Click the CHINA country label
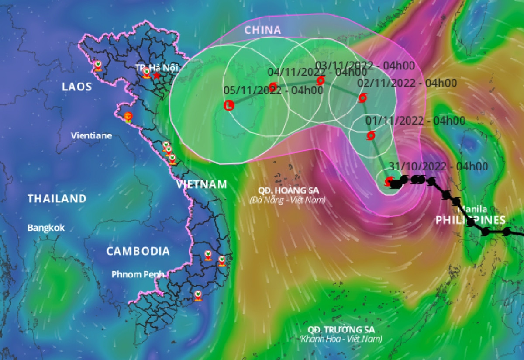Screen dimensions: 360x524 (x=262, y=30)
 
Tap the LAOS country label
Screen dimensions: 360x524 (x=77, y=87)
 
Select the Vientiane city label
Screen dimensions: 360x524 (x=91, y=136)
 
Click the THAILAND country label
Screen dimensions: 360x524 (x=57, y=199)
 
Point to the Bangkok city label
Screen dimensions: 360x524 (x=46, y=228)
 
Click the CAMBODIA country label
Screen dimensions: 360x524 (x=138, y=251)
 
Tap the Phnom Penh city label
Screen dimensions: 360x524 (x=138, y=274)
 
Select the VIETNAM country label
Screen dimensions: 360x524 (x=202, y=184)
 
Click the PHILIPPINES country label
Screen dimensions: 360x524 (x=471, y=220)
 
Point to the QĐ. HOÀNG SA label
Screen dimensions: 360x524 (x=288, y=190)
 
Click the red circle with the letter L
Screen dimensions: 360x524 (x=228, y=105)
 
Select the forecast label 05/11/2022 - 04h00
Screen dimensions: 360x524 (x=273, y=90)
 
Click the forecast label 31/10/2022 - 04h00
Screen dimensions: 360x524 (x=438, y=166)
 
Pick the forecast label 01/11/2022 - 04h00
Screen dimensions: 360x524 (x=415, y=120)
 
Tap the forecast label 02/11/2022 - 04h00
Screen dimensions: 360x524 (x=407, y=83)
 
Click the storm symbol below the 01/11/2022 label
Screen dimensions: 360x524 (x=371, y=135)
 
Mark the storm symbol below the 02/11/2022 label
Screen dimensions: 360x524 (x=362, y=98)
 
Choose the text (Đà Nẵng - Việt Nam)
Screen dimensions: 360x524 (x=288, y=201)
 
